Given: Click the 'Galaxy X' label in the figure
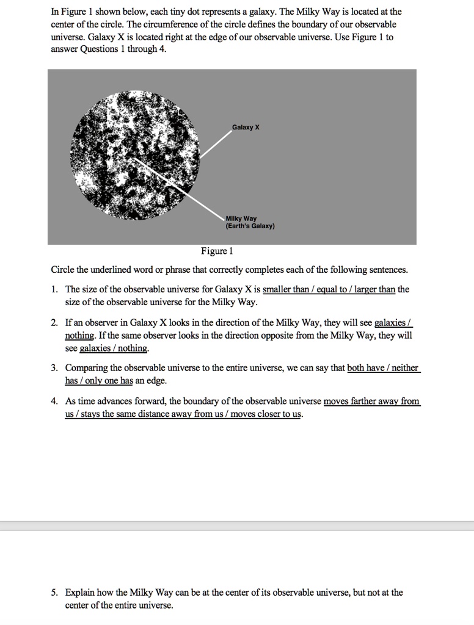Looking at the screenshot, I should (246, 128).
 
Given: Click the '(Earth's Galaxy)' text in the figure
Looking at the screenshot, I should (250, 226).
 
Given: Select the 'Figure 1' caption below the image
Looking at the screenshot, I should (217, 251).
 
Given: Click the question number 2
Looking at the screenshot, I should (54, 322).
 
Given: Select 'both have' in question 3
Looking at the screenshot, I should (365, 368).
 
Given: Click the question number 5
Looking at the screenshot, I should (54, 593).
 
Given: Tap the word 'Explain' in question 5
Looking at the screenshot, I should (79, 593).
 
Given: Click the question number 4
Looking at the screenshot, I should (54, 402).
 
